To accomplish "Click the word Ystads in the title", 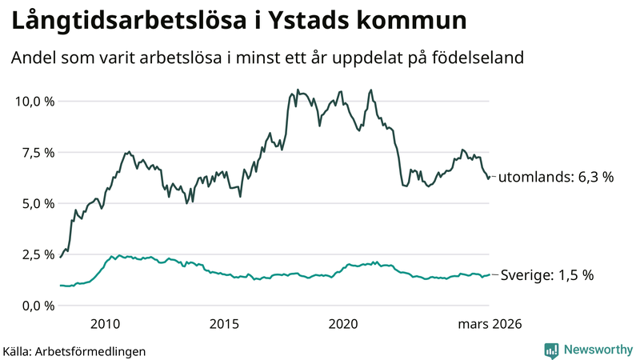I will click(296, 22).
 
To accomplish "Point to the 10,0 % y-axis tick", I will click(34, 102).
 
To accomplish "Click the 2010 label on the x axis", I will click(106, 324).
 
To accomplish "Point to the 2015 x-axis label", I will click(225, 324).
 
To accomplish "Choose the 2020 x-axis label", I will click(343, 324).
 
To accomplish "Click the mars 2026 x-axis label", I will click(490, 324).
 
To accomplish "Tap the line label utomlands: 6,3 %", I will click(556, 177).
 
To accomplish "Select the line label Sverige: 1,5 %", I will click(547, 275).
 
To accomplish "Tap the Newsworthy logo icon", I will click(551, 350).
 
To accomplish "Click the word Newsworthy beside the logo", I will click(595, 350).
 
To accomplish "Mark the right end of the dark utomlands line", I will click(489, 178).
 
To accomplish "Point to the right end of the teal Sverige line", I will click(489, 275).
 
